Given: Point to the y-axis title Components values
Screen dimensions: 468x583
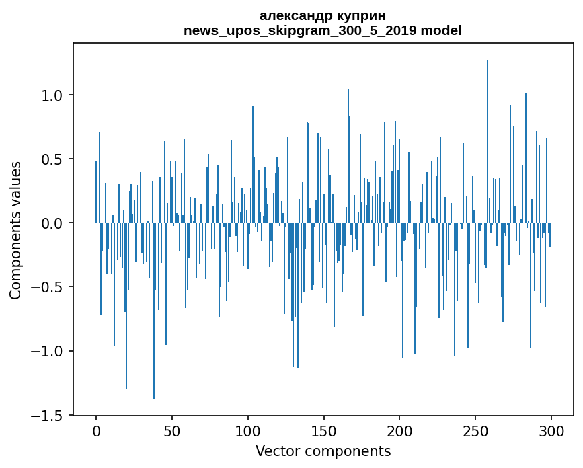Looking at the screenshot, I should [15, 230].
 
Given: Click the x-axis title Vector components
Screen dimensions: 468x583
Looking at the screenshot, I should [323, 451].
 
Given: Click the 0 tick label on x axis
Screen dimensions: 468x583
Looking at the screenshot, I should [96, 430].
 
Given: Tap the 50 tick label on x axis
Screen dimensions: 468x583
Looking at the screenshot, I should [172, 430].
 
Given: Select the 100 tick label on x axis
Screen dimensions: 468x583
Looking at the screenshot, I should [248, 430].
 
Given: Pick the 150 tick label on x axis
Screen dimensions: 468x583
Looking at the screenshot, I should [323, 430].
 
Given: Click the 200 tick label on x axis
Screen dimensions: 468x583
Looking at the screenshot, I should [399, 430].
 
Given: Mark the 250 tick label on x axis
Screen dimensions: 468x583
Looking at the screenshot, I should [475, 430].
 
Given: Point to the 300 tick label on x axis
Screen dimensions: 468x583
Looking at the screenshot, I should [551, 430].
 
